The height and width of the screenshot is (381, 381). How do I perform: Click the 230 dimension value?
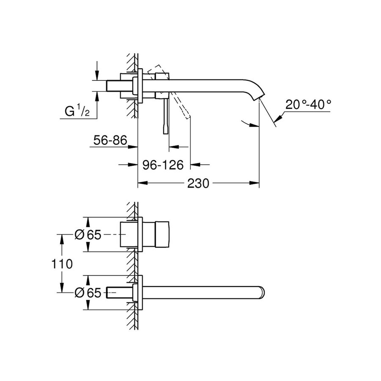(x=198, y=183)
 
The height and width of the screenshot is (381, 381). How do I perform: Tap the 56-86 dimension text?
(x=109, y=141)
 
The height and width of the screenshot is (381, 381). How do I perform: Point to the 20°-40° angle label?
(x=307, y=105)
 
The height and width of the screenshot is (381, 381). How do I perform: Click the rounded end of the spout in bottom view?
(x=262, y=292)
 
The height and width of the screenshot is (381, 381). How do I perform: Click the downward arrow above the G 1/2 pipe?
(x=97, y=76)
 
